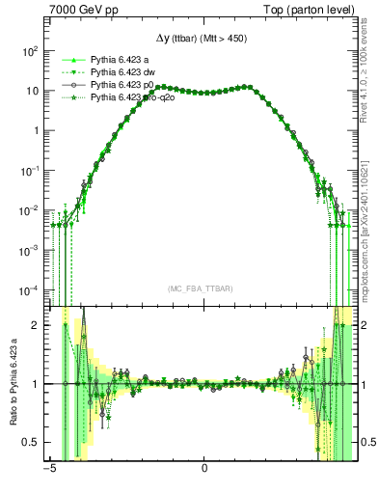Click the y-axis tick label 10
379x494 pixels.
coord(32,91)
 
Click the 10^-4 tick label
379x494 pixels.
coord(30,290)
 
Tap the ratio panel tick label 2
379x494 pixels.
coord(36,325)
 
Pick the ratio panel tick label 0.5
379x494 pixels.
coord(32,442)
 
